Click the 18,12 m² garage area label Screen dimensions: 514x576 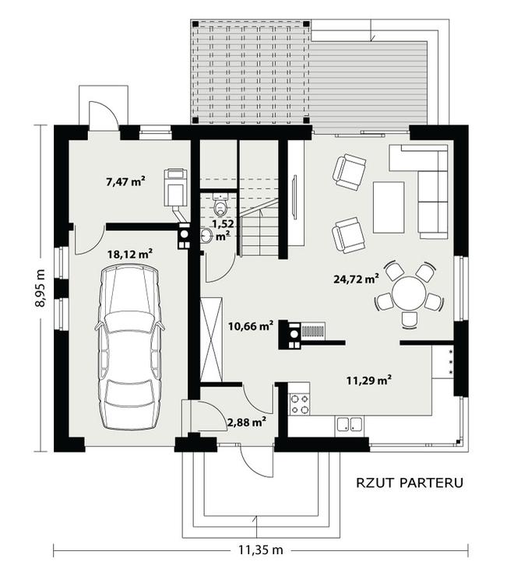130,254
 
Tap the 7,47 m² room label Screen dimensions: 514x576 125,181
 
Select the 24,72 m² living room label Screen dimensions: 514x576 356,279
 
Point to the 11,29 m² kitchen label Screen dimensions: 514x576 369,380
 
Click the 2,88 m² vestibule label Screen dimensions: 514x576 247,422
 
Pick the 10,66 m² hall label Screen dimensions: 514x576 251,325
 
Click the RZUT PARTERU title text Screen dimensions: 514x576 410,483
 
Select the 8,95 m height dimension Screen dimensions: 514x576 40,288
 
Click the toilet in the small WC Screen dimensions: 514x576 220,206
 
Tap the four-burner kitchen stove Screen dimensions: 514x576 299,404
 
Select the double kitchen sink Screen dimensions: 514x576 349,424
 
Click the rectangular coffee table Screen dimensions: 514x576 389,207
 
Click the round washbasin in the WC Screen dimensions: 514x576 206,235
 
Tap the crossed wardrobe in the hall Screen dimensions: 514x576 211,339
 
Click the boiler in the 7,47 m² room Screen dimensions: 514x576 174,187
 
